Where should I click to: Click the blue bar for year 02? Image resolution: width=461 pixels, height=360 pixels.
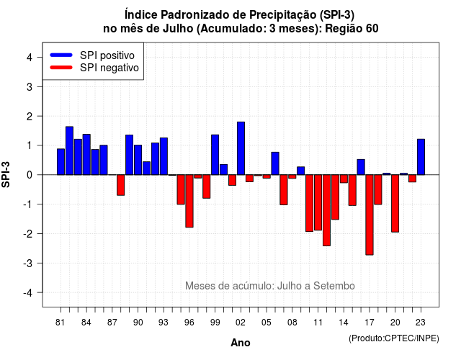tap(241, 148)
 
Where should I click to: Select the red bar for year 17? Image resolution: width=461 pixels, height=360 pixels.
tap(370, 215)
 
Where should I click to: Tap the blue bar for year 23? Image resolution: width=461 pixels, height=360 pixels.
tap(421, 157)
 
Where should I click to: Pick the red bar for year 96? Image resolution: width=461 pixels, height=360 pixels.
tap(189, 201)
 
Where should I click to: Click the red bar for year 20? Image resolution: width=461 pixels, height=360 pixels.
tap(395, 203)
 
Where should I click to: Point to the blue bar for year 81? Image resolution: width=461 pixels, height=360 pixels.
tap(61, 162)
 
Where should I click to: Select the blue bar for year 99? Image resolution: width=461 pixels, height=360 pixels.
tap(215, 155)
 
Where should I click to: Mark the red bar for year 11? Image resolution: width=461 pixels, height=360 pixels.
tap(318, 202)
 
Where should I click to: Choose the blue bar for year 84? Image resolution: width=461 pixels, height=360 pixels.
tap(86, 155)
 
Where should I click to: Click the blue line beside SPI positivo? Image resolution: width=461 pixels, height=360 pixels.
tap(61, 55)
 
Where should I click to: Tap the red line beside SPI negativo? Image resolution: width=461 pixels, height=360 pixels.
tap(61, 67)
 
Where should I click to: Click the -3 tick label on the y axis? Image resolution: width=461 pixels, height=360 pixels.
tap(28, 263)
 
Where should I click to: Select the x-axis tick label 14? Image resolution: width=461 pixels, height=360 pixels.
tap(344, 323)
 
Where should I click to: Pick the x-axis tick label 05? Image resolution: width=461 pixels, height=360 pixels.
tap(266, 323)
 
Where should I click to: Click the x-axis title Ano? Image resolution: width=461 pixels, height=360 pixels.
tap(241, 343)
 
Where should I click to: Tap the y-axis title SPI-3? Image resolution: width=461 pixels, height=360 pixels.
tap(6, 174)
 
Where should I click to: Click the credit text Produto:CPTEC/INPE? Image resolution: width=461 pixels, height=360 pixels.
tap(394, 338)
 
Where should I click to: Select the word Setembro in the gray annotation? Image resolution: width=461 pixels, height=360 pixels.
tap(334, 286)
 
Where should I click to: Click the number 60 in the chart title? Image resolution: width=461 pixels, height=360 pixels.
tap(372, 29)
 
